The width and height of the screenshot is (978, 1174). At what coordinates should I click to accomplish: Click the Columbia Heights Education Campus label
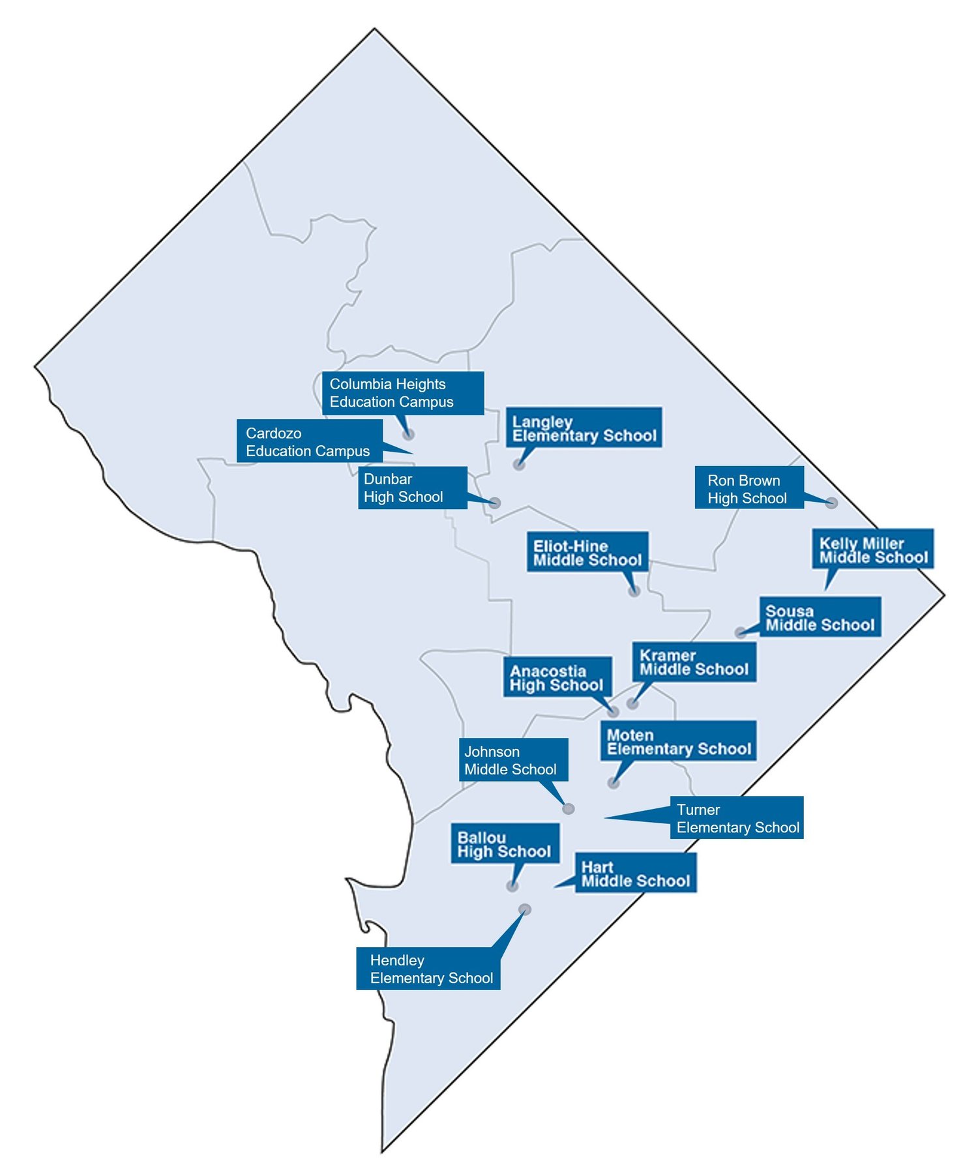point(402,392)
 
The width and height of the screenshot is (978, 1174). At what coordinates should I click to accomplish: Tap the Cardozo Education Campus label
point(309,441)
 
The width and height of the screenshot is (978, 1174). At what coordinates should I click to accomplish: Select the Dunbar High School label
point(412,488)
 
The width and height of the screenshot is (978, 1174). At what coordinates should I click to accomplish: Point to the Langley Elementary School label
point(584,428)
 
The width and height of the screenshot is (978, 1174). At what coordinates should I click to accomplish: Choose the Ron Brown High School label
point(748,488)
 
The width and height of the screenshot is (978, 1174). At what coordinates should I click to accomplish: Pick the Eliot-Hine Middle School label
point(587,552)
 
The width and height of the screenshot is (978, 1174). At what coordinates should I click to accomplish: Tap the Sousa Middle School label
point(820,617)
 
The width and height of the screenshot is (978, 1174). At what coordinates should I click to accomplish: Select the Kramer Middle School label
point(694,662)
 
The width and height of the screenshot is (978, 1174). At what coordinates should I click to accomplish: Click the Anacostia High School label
point(557,677)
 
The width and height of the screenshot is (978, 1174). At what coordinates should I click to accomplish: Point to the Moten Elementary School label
point(678,741)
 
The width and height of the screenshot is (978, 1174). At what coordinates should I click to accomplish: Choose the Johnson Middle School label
point(513,760)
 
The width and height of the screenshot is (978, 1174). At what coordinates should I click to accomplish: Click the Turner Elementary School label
point(737,818)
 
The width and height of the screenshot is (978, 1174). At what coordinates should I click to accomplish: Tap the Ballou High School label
point(505,844)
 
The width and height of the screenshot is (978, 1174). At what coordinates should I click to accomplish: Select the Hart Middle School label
point(635,873)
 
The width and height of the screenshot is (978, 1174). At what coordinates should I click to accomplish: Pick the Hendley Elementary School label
point(428,969)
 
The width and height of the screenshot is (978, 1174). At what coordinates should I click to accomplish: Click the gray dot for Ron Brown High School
point(831,503)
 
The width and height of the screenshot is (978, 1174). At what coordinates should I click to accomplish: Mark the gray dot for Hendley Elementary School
point(525,909)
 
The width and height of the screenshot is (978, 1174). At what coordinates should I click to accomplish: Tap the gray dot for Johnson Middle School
point(569,809)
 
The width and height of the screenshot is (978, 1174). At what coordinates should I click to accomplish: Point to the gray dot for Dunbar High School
point(495,503)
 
